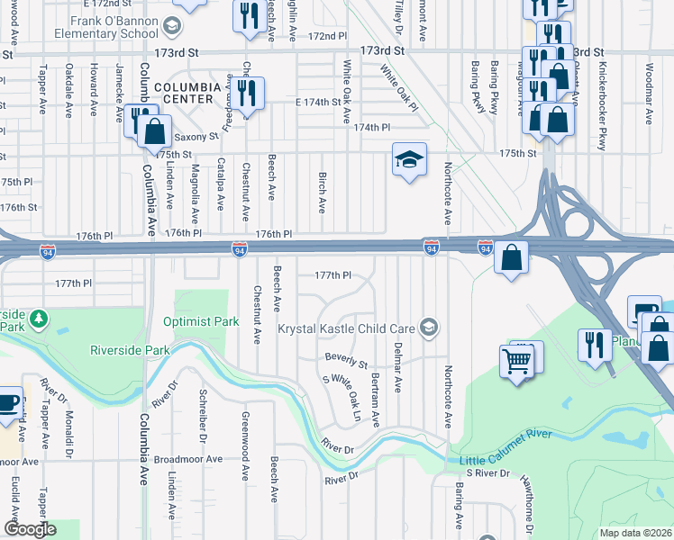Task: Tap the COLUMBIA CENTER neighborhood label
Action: [187, 87]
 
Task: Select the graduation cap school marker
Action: [409, 160]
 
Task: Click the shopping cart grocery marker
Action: [517, 362]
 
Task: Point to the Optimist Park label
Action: [201, 321]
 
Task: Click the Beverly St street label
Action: [347, 361]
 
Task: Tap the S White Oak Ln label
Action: [342, 398]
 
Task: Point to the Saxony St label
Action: [196, 137]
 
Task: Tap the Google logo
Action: [30, 528]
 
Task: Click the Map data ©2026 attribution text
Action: [634, 533]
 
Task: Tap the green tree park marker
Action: [39, 319]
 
